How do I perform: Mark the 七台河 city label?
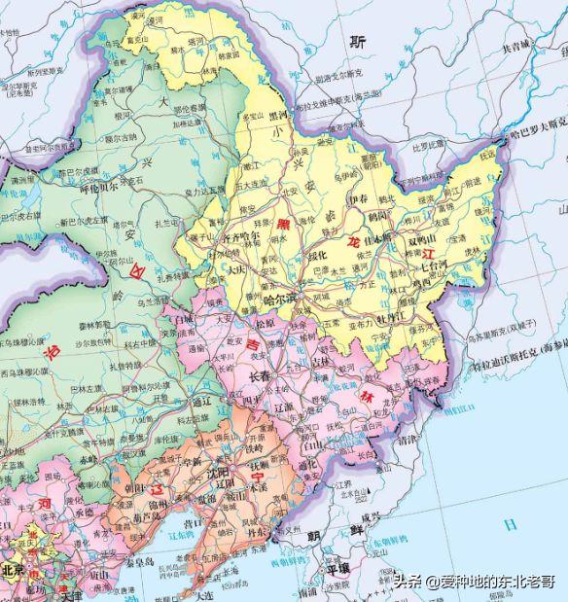(x=436, y=263)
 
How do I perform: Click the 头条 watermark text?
(x=408, y=582)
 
